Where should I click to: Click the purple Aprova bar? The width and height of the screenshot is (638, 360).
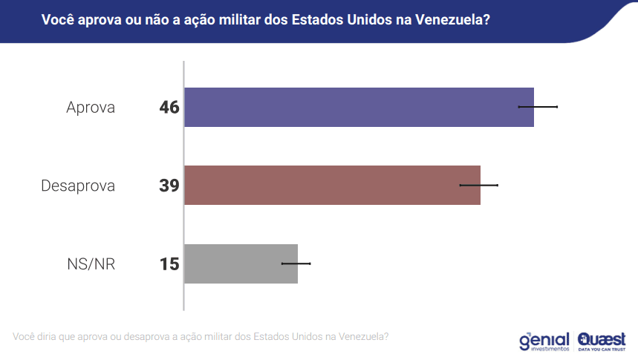359,107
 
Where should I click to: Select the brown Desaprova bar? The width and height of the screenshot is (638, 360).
332,185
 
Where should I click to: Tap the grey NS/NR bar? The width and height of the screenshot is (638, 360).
241,264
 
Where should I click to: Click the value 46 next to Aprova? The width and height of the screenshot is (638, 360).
169,107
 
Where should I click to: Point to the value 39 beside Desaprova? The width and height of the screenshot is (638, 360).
169,185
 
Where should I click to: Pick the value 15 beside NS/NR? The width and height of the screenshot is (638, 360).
169,264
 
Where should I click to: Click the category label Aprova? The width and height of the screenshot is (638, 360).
91,107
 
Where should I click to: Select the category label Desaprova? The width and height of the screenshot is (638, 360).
78,185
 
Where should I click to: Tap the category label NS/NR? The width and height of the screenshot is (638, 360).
91,264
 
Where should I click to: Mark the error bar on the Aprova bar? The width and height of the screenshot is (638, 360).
538,107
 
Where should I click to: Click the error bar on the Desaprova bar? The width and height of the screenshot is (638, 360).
479,185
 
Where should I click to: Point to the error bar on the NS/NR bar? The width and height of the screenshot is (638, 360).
296,264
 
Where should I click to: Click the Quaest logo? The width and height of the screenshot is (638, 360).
602,340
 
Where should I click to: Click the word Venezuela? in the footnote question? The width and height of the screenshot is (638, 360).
363,337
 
